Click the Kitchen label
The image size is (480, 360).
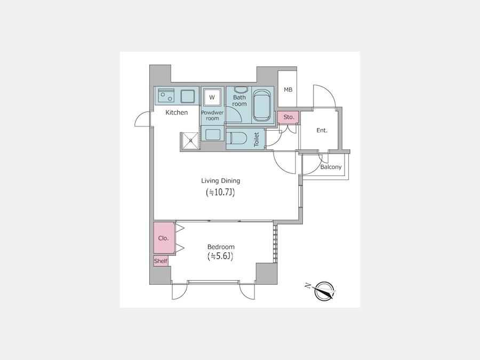pos(177,113)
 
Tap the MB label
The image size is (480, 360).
pos(288,90)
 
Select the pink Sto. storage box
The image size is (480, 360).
pos(289,117)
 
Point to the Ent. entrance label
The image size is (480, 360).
pos(322,131)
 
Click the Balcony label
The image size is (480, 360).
pos(331,167)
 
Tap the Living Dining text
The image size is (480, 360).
pos(220,181)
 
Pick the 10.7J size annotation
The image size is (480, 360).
pos(220,192)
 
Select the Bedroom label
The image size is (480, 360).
pos(221,247)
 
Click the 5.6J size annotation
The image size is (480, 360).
pos(220,256)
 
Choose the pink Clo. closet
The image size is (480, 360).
pos(164,238)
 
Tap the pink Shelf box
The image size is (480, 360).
pos(161,261)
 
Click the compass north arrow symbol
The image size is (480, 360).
pos(324,291)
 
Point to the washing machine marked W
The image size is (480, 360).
pos(212,98)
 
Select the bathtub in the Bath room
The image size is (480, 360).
pos(262,105)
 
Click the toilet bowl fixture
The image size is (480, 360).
pos(237,138)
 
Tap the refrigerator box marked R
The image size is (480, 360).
pos(190,141)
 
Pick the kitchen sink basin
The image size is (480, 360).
pos(187,97)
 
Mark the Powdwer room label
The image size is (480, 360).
pos(212,115)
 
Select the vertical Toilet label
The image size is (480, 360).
pos(257,139)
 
